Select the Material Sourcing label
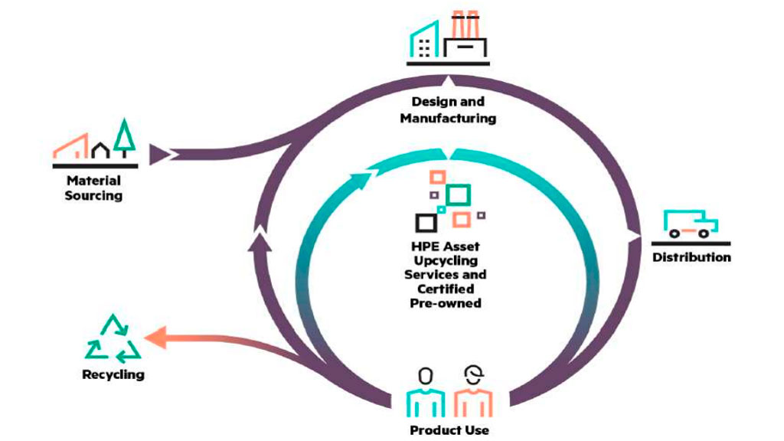point(93,188)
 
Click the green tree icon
point(123,138)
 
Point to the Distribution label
point(691,257)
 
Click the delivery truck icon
point(690,224)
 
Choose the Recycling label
point(113,374)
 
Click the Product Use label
point(449,430)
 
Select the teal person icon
point(426,390)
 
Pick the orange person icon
point(473,390)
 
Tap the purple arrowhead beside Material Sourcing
point(160,155)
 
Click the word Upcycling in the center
point(446,261)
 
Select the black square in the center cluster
point(426,223)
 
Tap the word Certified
point(446,289)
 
